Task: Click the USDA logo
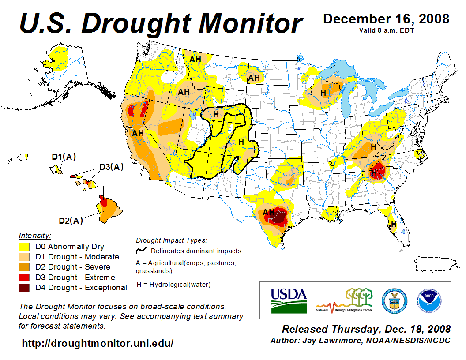point(288,300)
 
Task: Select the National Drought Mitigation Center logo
point(344,301)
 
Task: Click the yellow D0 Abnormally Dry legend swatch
point(25,247)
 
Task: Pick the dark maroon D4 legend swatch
point(25,288)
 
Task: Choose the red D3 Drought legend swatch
point(25,277)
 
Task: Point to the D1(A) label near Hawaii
point(64,157)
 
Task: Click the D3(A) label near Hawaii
point(111,167)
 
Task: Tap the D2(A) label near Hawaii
point(71,221)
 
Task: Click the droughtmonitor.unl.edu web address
point(98,343)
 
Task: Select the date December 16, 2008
point(386,19)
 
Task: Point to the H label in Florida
point(394,224)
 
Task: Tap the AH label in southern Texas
point(268,212)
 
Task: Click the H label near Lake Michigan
point(323,93)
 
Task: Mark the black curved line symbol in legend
point(141,250)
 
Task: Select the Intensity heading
point(35,235)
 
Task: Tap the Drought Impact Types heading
point(171,240)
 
